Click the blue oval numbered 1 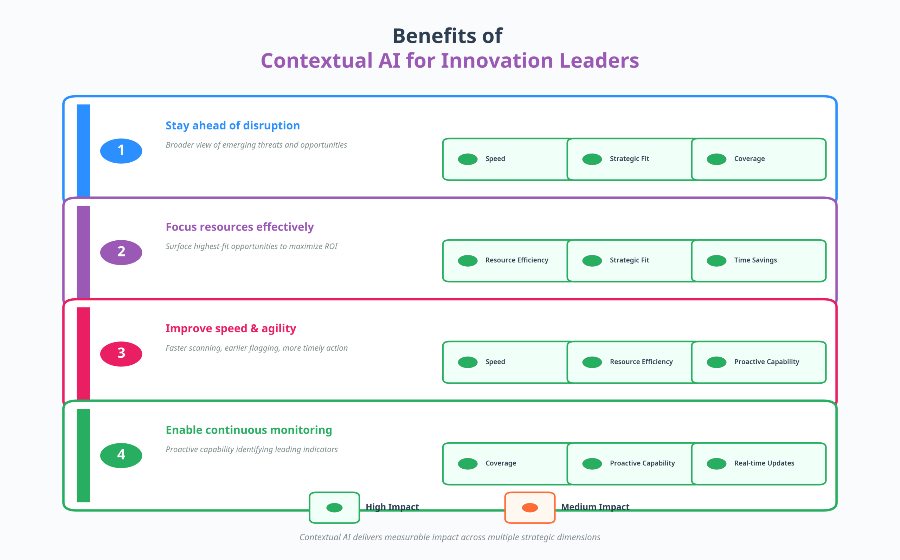[x=121, y=151]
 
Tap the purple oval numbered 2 [x=121, y=252]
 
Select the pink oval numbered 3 [x=121, y=354]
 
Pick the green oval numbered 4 [x=121, y=455]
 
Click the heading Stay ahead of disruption [x=232, y=125]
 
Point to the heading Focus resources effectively [x=239, y=227]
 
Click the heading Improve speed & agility [x=231, y=328]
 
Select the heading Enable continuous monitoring [x=249, y=430]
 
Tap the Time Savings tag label [x=755, y=260]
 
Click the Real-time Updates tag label [x=764, y=463]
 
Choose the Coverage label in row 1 [x=749, y=158]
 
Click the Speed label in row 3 [x=495, y=362]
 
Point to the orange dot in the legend [x=529, y=507]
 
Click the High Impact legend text [x=392, y=507]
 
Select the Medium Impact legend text [x=595, y=507]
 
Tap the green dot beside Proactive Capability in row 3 [x=716, y=362]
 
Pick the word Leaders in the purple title [x=599, y=60]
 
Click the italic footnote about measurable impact [x=450, y=537]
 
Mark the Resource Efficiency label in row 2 [x=516, y=260]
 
